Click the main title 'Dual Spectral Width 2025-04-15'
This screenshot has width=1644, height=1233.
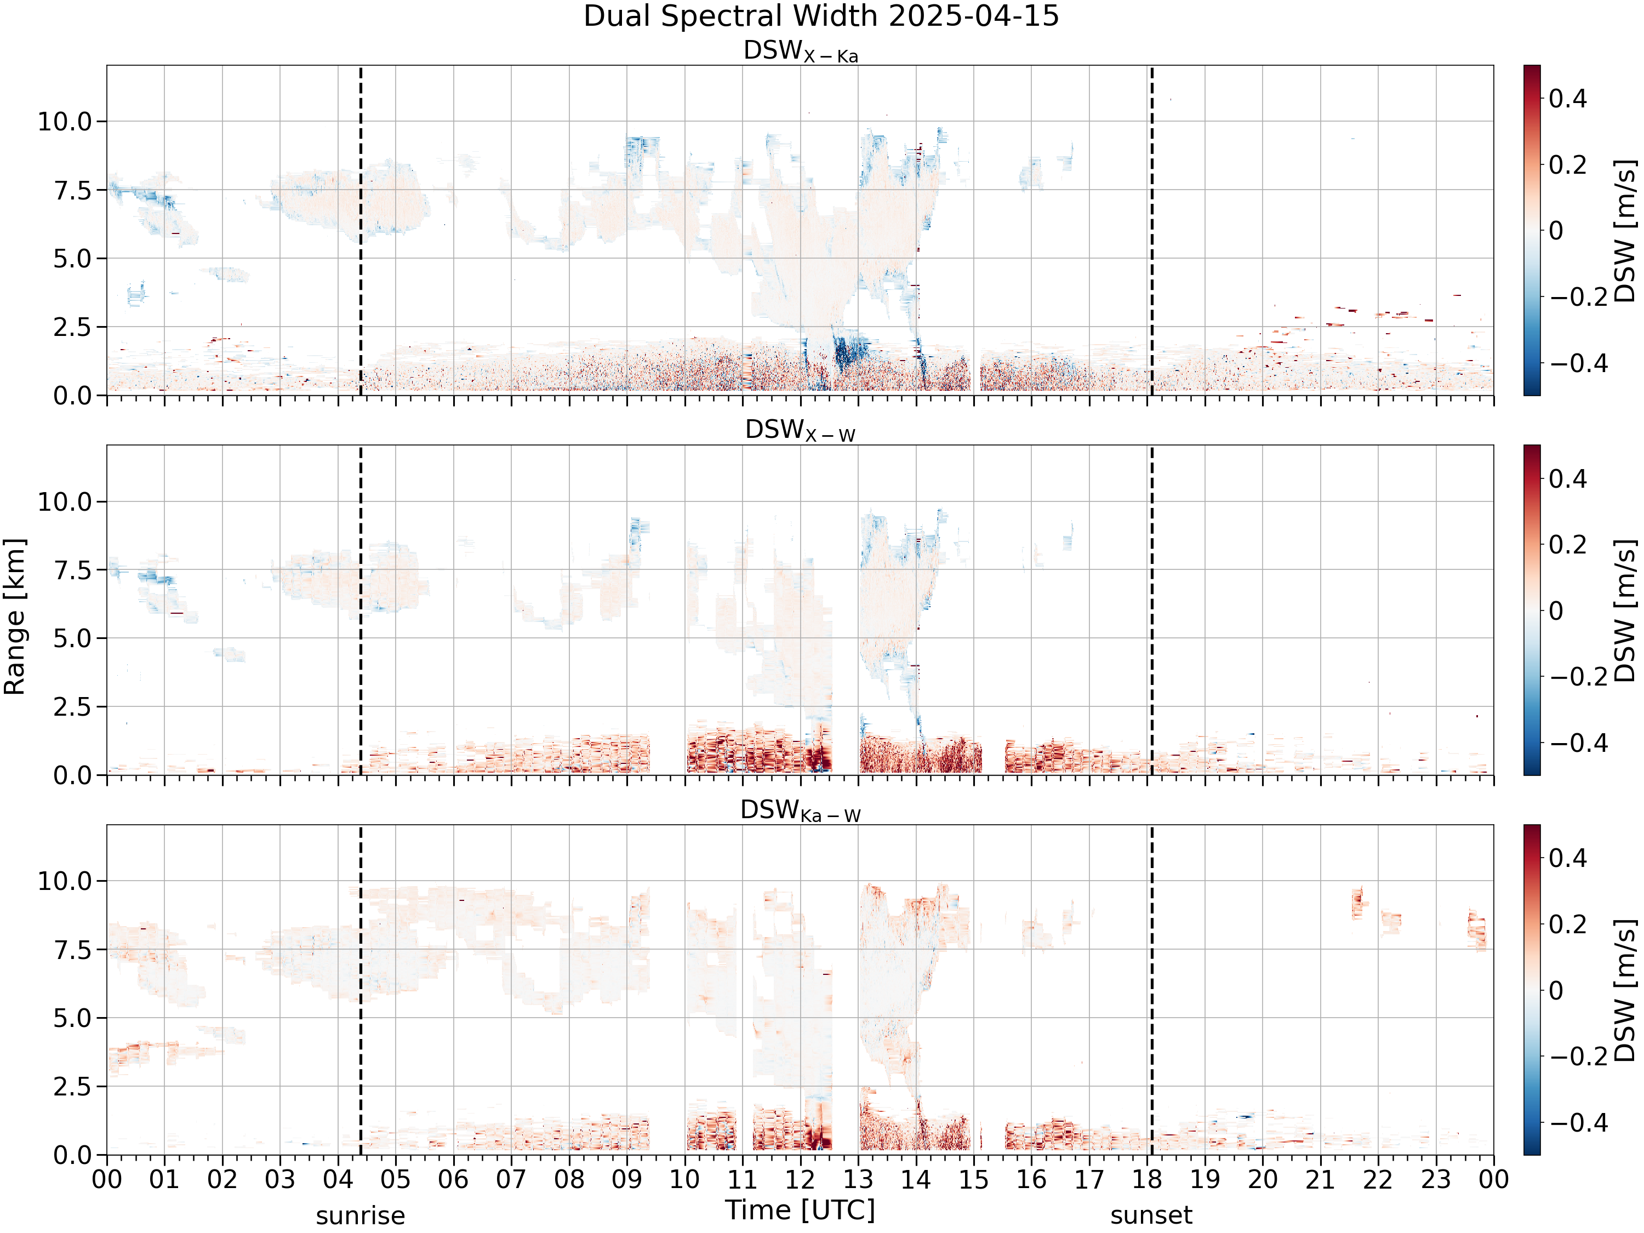821,16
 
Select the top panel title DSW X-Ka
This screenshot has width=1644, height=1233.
801,52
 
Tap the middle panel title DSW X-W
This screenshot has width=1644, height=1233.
801,431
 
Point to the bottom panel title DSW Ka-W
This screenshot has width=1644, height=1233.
801,811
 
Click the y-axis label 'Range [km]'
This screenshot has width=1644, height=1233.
14,617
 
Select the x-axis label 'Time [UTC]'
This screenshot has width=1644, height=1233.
801,1211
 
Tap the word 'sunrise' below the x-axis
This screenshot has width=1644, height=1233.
361,1217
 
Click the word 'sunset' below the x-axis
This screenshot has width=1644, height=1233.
1151,1217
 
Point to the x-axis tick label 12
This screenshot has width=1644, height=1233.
801,1179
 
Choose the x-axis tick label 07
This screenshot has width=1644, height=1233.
511,1179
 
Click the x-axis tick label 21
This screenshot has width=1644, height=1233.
1321,1179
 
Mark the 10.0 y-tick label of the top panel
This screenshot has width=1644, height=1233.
65,122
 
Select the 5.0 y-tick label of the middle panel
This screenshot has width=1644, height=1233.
72,638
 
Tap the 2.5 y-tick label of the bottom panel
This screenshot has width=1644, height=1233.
72,1087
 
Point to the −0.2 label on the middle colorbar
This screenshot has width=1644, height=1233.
1578,677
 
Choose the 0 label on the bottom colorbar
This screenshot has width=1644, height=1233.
1556,991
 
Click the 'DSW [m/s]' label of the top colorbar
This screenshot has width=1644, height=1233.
1625,230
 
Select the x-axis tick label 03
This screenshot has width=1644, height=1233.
280,1179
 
